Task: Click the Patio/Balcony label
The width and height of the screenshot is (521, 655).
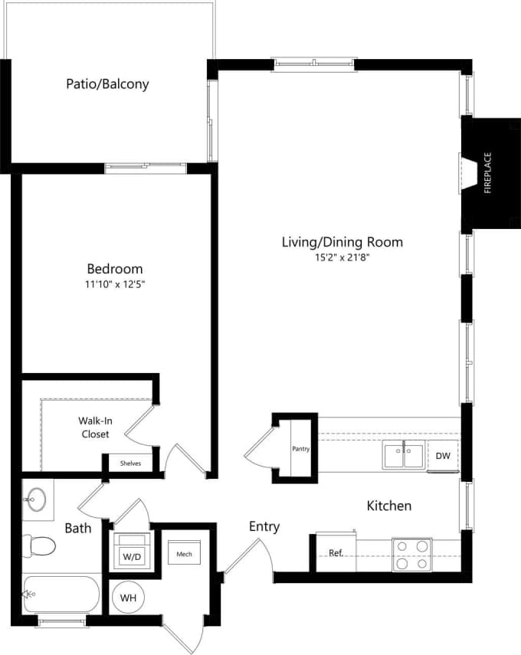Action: tap(107, 84)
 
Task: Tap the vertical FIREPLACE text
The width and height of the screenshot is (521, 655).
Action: tap(487, 173)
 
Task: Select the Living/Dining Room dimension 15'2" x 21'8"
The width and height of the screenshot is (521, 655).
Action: tap(342, 258)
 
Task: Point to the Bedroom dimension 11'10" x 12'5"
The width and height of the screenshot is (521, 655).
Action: tap(115, 284)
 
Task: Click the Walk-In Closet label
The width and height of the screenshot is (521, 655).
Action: tap(95, 427)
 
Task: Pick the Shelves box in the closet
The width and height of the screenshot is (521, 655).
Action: tap(130, 463)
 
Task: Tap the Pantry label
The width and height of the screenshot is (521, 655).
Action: tap(300, 449)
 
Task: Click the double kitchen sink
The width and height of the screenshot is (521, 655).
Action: tap(403, 454)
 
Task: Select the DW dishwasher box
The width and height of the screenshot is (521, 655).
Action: tap(442, 455)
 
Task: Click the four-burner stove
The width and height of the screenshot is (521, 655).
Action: tap(412, 554)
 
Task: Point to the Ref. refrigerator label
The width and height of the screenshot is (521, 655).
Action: tap(336, 553)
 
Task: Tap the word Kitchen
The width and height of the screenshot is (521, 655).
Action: tap(388, 506)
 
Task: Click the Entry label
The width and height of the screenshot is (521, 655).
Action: tap(264, 526)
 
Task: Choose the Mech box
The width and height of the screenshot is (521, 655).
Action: tap(184, 554)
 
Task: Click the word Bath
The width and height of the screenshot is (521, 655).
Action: tap(78, 528)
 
